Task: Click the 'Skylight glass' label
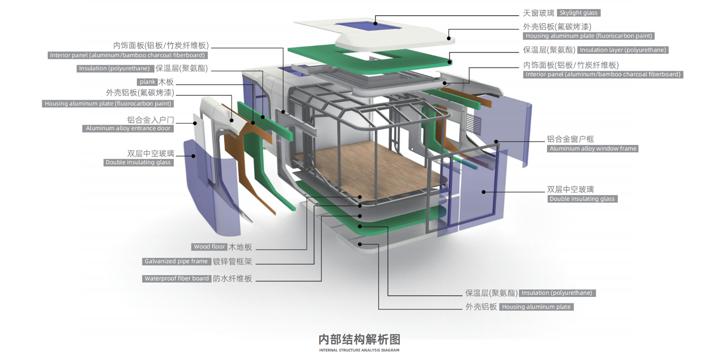click(578, 13)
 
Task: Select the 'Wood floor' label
click(209, 247)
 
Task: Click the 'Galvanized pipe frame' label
click(176, 261)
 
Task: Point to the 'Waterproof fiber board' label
click(176, 279)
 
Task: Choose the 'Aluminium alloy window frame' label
click(593, 148)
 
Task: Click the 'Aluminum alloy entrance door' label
click(128, 128)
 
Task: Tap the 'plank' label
click(147, 82)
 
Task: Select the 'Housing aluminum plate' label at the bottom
click(536, 307)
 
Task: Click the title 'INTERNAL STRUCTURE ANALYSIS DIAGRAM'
click(359, 350)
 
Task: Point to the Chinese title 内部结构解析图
click(359, 339)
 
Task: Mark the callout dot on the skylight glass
click(375, 23)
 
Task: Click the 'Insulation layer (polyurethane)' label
click(622, 50)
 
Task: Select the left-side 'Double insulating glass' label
click(138, 162)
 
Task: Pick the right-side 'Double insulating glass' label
click(582, 199)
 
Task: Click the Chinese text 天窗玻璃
click(538, 13)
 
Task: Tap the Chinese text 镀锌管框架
click(232, 261)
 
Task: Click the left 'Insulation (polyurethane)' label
click(114, 68)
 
